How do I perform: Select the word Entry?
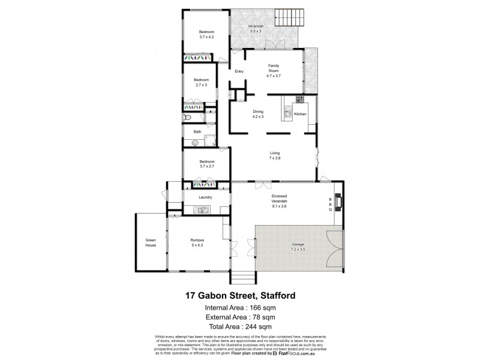click(x=239, y=72)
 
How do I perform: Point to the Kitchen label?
click(x=300, y=114)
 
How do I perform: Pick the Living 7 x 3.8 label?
click(x=274, y=156)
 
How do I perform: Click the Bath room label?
click(x=197, y=132)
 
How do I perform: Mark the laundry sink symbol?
click(x=202, y=209)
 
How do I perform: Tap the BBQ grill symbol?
click(x=337, y=203)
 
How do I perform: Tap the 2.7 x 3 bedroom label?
click(x=201, y=82)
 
